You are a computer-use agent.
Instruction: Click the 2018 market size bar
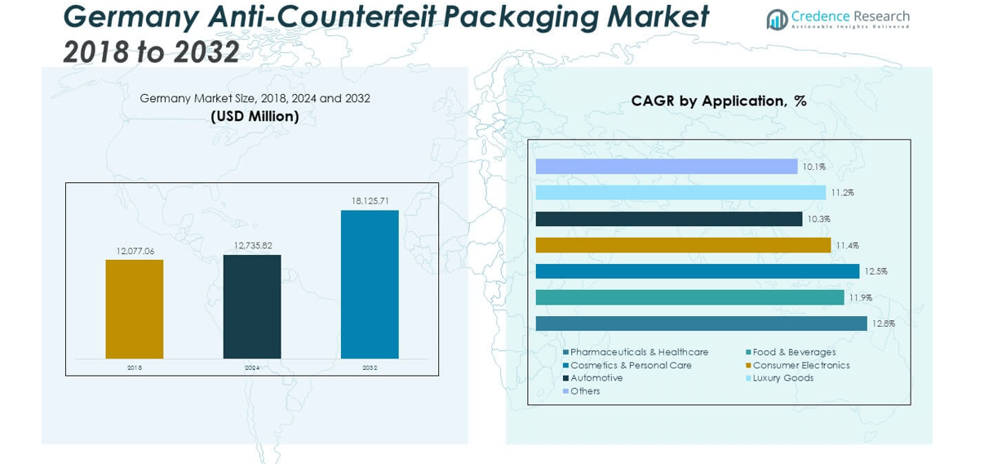click(134, 309)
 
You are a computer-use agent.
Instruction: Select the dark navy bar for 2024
click(252, 306)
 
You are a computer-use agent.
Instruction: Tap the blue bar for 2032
click(370, 284)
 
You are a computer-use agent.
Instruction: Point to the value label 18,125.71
click(370, 201)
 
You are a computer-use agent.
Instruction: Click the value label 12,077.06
click(135, 251)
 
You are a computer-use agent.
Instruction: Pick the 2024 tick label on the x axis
click(252, 368)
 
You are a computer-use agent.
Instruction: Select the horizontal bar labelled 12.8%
click(701, 323)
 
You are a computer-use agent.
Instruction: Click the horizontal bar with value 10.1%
click(666, 167)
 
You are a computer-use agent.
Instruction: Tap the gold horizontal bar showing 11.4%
click(683, 245)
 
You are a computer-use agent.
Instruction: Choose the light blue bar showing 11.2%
click(680, 193)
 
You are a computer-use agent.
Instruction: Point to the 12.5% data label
click(876, 271)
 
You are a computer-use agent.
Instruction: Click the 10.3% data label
click(818, 219)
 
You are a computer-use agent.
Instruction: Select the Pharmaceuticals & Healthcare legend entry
click(639, 352)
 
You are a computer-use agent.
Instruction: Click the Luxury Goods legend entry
click(782, 378)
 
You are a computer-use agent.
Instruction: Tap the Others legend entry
click(585, 391)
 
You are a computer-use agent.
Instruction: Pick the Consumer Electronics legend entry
click(800, 365)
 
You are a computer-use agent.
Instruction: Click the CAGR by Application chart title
click(718, 101)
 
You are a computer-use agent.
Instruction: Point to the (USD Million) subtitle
click(255, 117)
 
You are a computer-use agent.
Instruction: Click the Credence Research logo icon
click(777, 20)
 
